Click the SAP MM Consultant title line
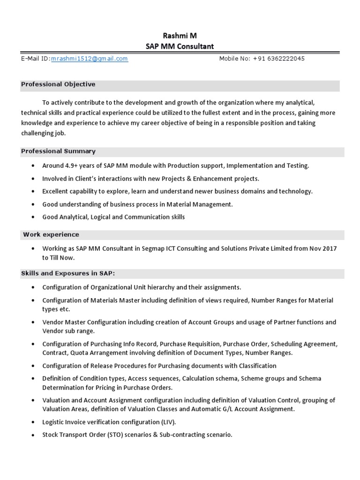click(180, 46)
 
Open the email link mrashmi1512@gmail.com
click(90, 59)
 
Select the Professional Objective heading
click(58, 84)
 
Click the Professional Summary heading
click(58, 151)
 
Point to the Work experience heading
click(51, 234)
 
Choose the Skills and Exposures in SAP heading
click(67, 273)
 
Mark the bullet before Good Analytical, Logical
click(32, 217)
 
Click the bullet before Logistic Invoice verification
click(32, 422)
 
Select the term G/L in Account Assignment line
click(235, 409)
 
